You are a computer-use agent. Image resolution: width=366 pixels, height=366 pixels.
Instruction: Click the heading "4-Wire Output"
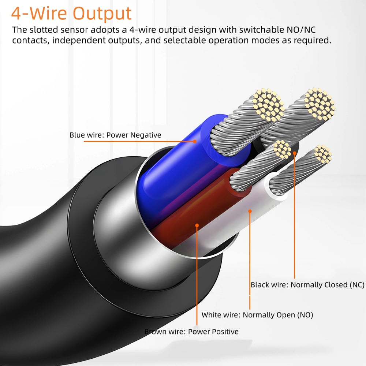pyautogui.click(x=71, y=14)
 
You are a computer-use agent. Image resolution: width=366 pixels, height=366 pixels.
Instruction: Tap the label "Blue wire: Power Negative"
pyautogui.click(x=115, y=135)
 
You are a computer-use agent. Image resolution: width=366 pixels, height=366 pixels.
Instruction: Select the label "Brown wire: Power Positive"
pyautogui.click(x=191, y=332)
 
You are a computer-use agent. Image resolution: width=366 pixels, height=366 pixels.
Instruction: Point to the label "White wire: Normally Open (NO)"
pyautogui.click(x=257, y=315)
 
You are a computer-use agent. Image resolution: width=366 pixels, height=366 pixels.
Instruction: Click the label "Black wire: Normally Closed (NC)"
pyautogui.click(x=307, y=285)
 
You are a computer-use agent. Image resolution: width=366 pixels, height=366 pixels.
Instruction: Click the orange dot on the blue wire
pyautogui.click(x=195, y=141)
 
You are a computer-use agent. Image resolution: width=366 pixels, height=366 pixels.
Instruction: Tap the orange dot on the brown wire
pyautogui.click(x=197, y=225)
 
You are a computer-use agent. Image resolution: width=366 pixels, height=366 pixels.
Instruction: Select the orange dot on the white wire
pyautogui.click(x=250, y=211)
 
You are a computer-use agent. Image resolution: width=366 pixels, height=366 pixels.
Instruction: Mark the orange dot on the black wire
pyautogui.click(x=295, y=153)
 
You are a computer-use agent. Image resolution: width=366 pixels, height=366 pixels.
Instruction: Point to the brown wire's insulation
pyautogui.click(x=201, y=210)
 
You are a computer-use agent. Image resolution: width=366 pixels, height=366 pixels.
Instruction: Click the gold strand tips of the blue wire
pyautogui.click(x=268, y=105)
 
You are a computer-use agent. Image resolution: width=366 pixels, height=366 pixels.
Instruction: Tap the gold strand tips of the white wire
pyautogui.click(x=323, y=154)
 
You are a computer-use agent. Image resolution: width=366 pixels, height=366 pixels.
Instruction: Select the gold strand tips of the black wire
pyautogui.click(x=320, y=104)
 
